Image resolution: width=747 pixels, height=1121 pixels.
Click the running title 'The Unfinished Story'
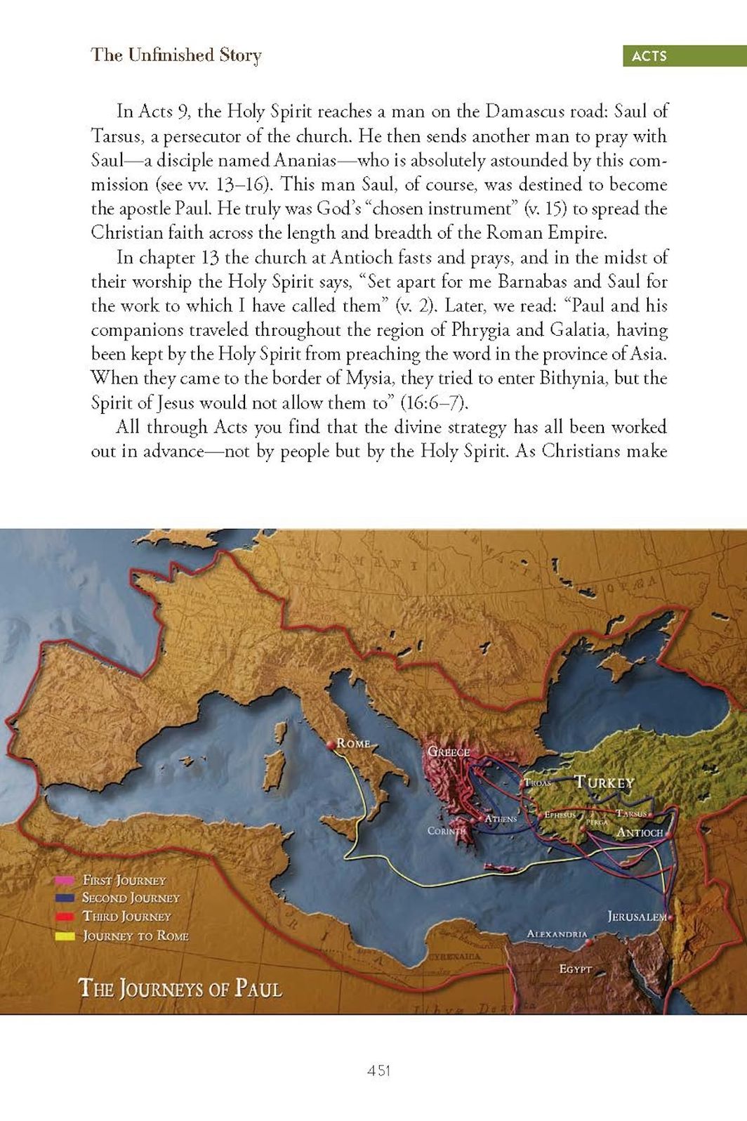176,55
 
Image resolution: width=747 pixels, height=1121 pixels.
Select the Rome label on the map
353,742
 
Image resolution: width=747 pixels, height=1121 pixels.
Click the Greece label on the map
449,752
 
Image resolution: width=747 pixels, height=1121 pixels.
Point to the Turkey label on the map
604,782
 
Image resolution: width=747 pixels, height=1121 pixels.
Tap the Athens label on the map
501,819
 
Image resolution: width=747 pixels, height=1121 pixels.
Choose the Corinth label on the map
447,831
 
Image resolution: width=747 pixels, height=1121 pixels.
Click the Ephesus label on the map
560,815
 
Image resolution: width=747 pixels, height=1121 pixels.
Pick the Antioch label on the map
640,832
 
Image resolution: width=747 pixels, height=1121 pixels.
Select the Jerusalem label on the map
637,917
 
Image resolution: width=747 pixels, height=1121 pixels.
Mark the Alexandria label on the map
557,934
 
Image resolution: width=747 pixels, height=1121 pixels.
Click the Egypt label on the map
575,969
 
